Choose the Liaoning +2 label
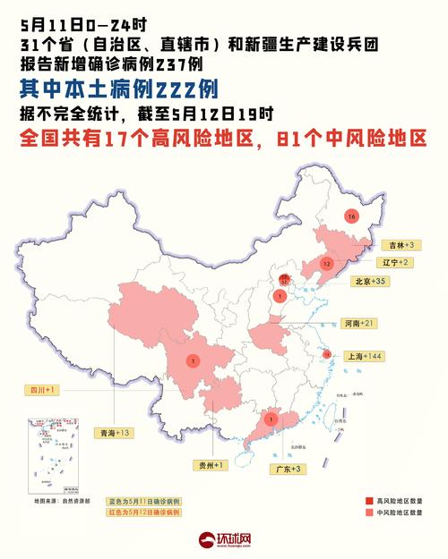pyautogui.click(x=392, y=262)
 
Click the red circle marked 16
pyautogui.click(x=351, y=216)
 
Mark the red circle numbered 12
pyautogui.click(x=327, y=265)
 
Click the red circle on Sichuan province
pyautogui.click(x=191, y=360)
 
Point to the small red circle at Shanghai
pyautogui.click(x=327, y=355)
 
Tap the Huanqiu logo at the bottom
pyautogui.click(x=223, y=540)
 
